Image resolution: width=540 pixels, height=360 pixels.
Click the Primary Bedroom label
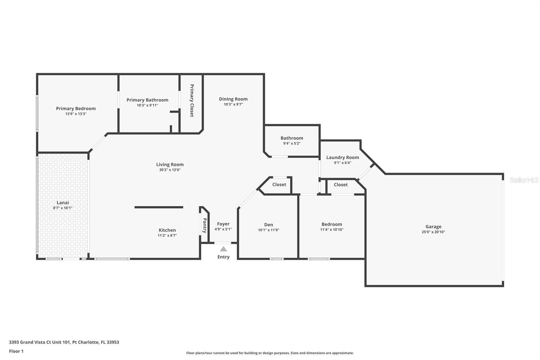(76, 108)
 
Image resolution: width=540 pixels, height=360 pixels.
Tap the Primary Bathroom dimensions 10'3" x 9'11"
(147, 105)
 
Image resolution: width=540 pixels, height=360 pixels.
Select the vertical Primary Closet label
(192, 100)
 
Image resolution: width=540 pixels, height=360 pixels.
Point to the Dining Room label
(233, 99)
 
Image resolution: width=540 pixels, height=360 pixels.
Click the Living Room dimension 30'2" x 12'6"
(170, 170)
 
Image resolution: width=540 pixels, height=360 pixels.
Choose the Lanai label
(63, 203)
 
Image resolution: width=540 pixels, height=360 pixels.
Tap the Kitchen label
(167, 230)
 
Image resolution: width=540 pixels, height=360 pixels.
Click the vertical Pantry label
(205, 225)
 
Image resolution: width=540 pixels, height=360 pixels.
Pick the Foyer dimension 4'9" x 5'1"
(223, 229)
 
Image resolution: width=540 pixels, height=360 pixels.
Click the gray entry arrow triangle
(223, 249)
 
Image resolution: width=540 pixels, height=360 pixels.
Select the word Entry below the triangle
(223, 257)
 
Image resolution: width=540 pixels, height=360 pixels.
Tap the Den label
(269, 225)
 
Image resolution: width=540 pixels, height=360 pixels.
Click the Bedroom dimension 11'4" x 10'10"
(332, 230)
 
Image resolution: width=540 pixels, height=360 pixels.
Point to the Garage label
(433, 227)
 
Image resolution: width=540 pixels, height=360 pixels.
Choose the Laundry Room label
(343, 157)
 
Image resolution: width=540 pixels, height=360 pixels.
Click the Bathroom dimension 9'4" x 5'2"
(292, 144)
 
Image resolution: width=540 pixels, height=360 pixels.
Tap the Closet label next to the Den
(279, 184)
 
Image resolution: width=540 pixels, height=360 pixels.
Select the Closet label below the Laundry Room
(341, 185)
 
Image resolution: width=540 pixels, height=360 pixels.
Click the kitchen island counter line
(159, 207)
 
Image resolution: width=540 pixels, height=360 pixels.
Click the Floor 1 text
(16, 351)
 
